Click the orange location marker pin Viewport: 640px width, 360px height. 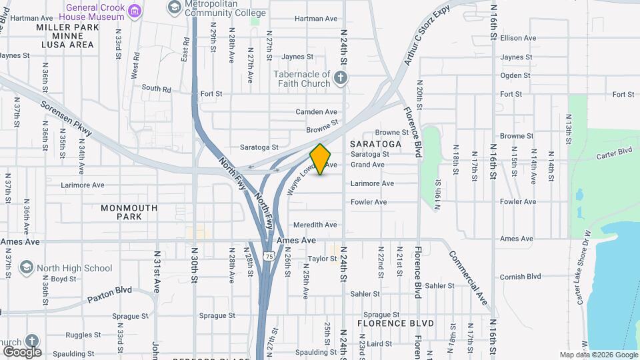pos(321,159)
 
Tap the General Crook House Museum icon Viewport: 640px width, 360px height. pos(136,10)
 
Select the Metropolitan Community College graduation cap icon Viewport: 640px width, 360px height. pos(174,7)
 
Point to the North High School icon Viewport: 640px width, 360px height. pos(27,268)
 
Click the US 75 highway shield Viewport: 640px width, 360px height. pos(268,255)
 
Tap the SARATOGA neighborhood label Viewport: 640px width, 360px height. pos(375,144)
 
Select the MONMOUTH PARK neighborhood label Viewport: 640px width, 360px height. pos(129,212)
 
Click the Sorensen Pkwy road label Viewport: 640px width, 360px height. pos(65,119)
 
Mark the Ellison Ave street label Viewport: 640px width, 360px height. pos(518,38)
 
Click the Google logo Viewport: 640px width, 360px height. pos(22,351)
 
